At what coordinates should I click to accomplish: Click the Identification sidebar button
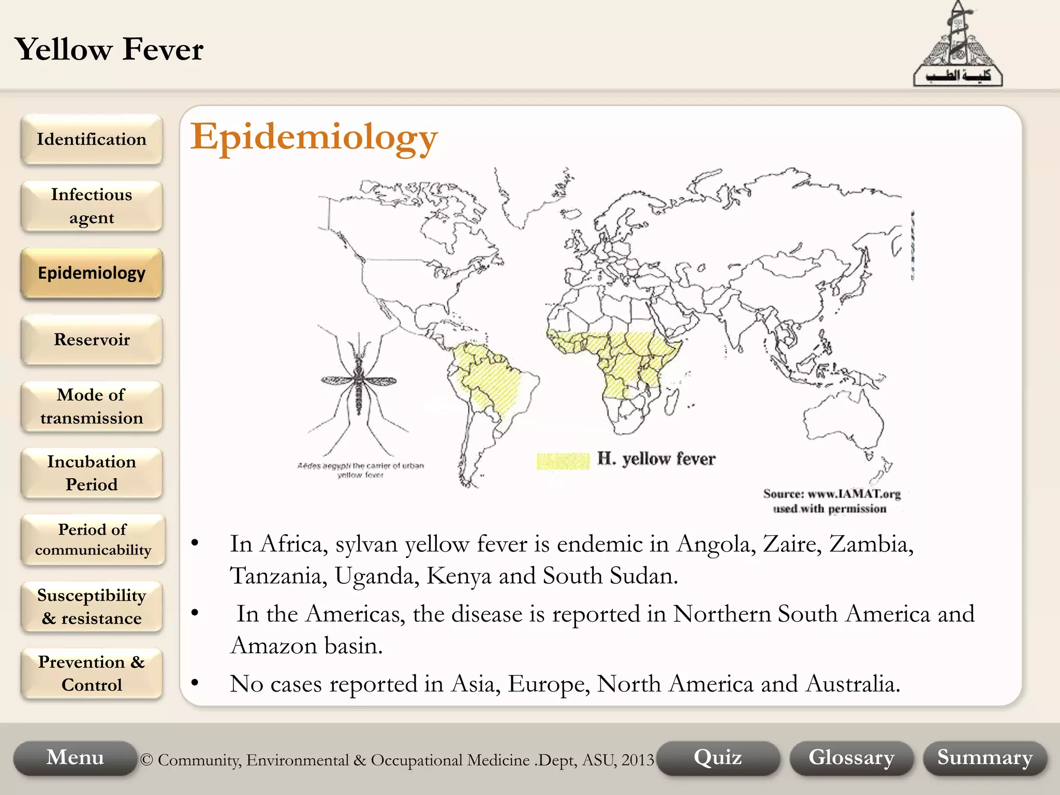pyautogui.click(x=92, y=139)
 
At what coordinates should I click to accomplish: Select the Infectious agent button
pyautogui.click(x=92, y=206)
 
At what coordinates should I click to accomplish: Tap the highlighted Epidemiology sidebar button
pyautogui.click(x=92, y=273)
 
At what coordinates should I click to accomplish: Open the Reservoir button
pyautogui.click(x=92, y=340)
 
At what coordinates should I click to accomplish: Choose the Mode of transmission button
pyautogui.click(x=92, y=406)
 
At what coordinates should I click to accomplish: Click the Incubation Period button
pyautogui.click(x=92, y=473)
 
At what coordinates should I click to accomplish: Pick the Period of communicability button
pyautogui.click(x=93, y=539)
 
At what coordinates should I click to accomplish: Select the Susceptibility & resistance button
pyautogui.click(x=92, y=607)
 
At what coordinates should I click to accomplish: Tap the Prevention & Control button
pyautogui.click(x=92, y=673)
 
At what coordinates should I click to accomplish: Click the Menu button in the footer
pyautogui.click(x=75, y=758)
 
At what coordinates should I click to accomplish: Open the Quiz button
pyautogui.click(x=718, y=758)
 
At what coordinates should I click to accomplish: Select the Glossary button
pyautogui.click(x=851, y=758)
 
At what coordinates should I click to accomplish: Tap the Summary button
pyautogui.click(x=985, y=758)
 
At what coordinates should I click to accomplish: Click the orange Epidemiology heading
pyautogui.click(x=314, y=138)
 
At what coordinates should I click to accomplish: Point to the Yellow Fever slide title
pyautogui.click(x=109, y=50)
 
